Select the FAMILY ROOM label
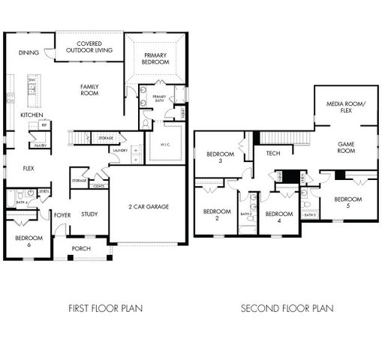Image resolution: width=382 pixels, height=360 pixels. pyautogui.click(x=89, y=90)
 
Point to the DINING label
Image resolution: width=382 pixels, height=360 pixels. pyautogui.click(x=29, y=52)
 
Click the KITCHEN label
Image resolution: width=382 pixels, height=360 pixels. pyautogui.click(x=32, y=115)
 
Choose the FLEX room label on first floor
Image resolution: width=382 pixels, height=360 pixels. pyautogui.click(x=29, y=168)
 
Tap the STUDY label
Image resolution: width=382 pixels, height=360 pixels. pyautogui.click(x=89, y=214)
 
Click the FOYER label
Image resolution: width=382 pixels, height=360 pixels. pyautogui.click(x=62, y=215)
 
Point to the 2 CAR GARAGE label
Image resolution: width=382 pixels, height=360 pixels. pyautogui.click(x=149, y=206)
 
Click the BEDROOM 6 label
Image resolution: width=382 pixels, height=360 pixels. pyautogui.click(x=29, y=241)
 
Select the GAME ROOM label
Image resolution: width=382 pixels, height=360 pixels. pyautogui.click(x=345, y=146)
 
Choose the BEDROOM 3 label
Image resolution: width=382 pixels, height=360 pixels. pyautogui.click(x=220, y=157)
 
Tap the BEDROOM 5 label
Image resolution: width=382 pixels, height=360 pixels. pyautogui.click(x=348, y=202)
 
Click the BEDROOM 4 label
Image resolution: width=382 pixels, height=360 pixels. pyautogui.click(x=278, y=217)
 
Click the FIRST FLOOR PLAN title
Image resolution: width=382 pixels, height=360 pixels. pyautogui.click(x=105, y=308)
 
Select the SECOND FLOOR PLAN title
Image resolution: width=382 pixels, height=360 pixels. pyautogui.click(x=287, y=308)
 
